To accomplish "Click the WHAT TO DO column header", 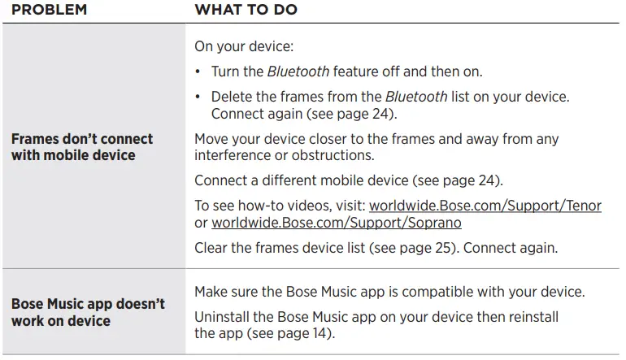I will [246, 10].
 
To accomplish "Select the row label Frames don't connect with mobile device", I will [82, 147].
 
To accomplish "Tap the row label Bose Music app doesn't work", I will [88, 312].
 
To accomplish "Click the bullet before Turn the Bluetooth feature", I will [198, 72].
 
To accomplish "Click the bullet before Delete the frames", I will [198, 97].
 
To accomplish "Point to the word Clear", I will [211, 248].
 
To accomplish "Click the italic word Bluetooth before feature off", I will [293, 72].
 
